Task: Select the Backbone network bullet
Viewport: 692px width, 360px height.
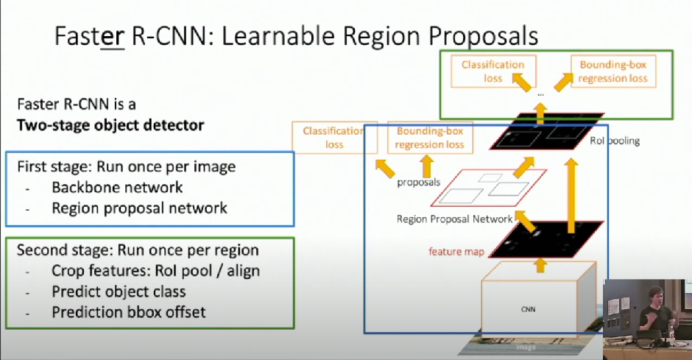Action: tap(117, 187)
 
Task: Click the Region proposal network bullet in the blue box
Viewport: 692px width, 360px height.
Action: tap(139, 208)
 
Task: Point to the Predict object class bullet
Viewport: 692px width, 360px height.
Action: tap(119, 292)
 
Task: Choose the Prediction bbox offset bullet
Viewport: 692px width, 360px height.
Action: tap(128, 312)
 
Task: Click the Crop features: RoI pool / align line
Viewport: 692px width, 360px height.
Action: tap(155, 270)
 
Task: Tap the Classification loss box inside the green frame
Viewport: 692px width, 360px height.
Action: tap(492, 71)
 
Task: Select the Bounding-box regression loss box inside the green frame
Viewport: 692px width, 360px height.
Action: tap(613, 71)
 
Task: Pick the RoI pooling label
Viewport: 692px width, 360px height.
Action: tap(615, 141)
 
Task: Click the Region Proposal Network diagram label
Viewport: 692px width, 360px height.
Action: tap(454, 219)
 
